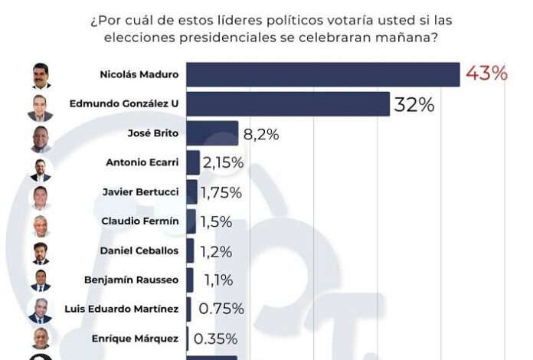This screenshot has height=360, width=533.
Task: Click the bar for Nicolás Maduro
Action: click(322, 74)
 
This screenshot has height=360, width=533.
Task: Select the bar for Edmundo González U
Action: click(287, 104)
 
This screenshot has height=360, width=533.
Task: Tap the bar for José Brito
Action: click(212, 133)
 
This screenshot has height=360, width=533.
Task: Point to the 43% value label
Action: click(486, 74)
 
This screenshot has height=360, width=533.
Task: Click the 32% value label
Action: click(414, 105)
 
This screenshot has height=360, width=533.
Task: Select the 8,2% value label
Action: click(261, 134)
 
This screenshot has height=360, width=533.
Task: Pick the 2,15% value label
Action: click(223, 162)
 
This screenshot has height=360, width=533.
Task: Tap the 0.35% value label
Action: click(215, 338)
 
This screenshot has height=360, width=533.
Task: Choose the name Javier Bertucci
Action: click(140, 191)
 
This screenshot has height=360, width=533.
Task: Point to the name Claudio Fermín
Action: click(140, 221)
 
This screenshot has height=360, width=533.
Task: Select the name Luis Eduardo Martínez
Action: click(125, 309)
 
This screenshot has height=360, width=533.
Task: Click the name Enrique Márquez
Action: click(139, 338)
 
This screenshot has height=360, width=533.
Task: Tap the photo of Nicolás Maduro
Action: click(41, 76)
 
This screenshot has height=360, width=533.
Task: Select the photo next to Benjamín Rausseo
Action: click(41, 280)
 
